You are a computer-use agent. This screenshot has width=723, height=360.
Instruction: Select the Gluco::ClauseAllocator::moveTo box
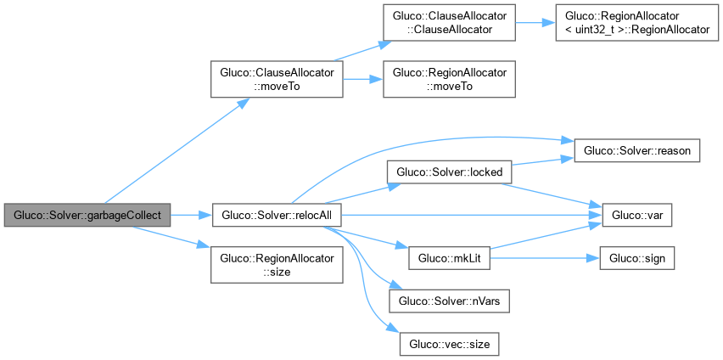(x=277, y=81)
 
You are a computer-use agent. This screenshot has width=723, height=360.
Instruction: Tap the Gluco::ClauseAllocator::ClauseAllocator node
(x=449, y=23)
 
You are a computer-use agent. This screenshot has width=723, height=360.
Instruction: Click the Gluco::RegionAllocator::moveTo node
(x=449, y=81)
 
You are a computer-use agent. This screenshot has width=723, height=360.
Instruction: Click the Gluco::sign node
(x=637, y=257)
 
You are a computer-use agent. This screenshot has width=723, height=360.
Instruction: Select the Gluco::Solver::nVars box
(x=449, y=301)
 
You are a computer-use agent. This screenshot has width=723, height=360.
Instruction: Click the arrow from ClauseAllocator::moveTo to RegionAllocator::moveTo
(x=363, y=81)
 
